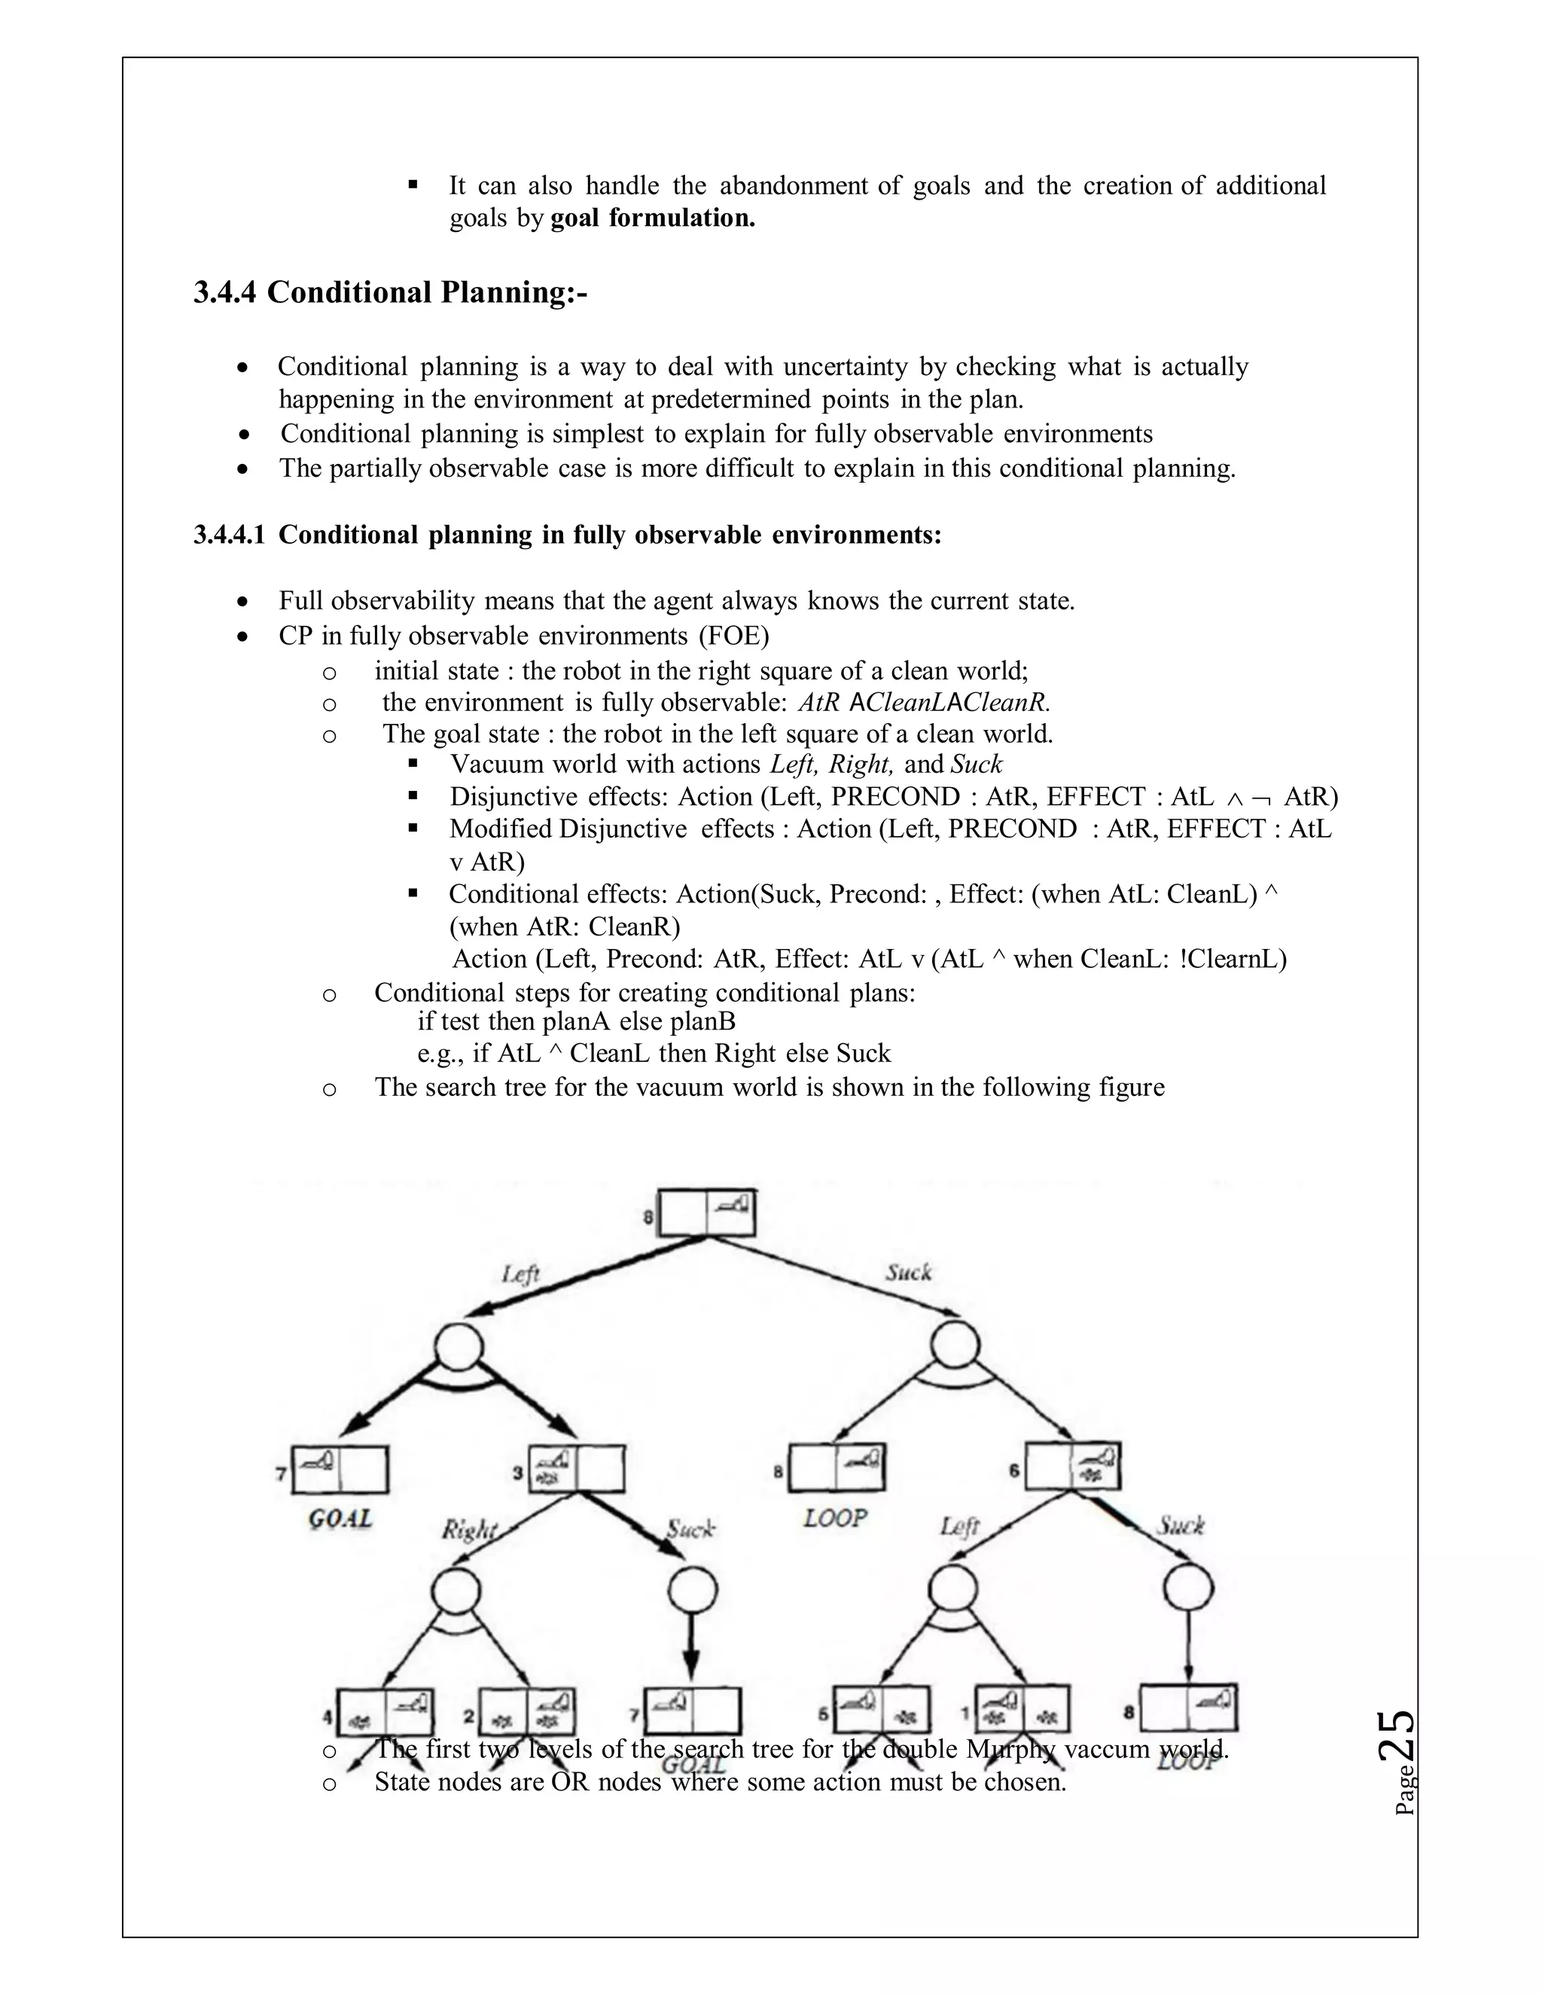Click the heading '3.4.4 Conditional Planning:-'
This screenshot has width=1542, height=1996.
click(x=390, y=292)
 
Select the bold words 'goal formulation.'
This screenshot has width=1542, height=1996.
click(x=652, y=218)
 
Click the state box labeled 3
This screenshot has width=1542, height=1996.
click(x=577, y=1469)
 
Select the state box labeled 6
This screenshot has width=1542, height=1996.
click(x=1072, y=1466)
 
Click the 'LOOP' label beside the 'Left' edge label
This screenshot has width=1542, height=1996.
click(x=835, y=1518)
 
